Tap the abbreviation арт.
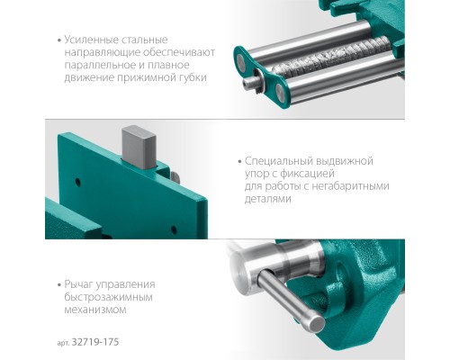pos(64,343)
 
